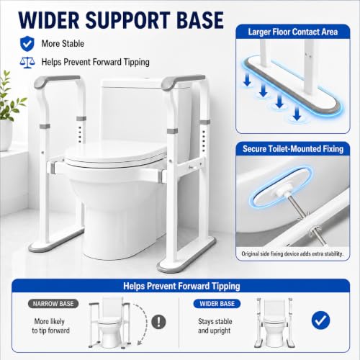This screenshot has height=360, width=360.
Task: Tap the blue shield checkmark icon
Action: pos(27,44)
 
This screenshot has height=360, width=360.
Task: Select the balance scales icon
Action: pos(27,63)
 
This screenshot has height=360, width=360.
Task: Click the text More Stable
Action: pos(63,44)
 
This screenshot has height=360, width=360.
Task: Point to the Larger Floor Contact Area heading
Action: pos(293,32)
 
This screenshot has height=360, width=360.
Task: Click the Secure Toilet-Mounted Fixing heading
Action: pos(293,149)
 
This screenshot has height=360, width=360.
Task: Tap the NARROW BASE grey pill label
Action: pos(53,304)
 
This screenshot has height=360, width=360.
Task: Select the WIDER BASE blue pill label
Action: pos(217,304)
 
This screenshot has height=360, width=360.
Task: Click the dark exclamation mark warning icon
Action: pos(158,322)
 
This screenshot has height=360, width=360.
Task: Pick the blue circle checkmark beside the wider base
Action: pos(320,320)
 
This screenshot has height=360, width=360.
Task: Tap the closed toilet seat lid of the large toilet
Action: pos(115,153)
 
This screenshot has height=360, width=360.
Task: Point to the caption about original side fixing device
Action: pos(292,253)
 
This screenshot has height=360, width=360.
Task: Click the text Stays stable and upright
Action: pos(215,326)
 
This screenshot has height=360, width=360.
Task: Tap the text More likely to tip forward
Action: pos(50,326)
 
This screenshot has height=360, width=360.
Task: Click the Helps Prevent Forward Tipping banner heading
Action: pos(181,286)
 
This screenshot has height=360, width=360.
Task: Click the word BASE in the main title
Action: pos(200,20)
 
